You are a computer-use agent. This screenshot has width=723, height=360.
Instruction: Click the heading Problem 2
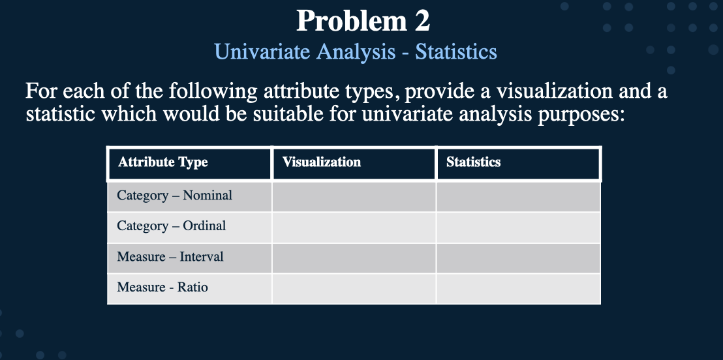tap(363, 22)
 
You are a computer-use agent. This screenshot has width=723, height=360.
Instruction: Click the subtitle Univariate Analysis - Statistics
tap(356, 52)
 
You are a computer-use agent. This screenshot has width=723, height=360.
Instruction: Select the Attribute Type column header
tap(163, 162)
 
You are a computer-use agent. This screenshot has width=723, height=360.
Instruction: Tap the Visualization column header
tap(322, 162)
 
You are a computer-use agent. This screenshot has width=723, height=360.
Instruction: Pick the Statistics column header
tap(474, 162)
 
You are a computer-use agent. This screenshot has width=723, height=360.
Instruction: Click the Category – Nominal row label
tap(174, 196)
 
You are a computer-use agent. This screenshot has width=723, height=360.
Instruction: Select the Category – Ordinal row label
tap(172, 226)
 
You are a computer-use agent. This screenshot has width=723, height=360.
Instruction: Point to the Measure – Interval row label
tap(170, 257)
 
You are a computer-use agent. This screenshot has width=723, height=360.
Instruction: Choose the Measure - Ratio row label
tap(162, 288)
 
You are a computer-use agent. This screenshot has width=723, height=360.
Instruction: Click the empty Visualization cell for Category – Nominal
tap(354, 196)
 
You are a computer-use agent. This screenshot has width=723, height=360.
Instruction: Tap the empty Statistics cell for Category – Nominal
tap(518, 196)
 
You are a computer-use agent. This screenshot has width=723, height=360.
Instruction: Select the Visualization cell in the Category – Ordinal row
tap(354, 227)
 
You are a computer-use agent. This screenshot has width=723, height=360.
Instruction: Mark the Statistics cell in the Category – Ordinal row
tap(518, 227)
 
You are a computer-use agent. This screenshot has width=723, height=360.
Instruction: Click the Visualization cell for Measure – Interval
tap(354, 258)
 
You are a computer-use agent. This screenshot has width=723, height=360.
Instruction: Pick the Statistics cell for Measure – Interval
tap(518, 258)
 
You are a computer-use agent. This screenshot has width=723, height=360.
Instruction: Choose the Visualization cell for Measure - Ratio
tap(354, 288)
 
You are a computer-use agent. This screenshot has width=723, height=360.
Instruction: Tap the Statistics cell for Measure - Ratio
tap(518, 288)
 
